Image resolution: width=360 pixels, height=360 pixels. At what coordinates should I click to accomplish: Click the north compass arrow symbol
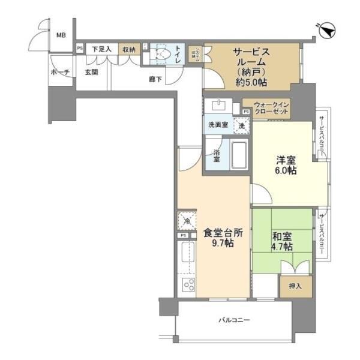[326, 28]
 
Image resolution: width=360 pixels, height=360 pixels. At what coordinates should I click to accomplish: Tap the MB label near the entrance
[61, 35]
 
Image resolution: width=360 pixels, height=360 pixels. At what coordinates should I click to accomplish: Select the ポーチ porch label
[61, 73]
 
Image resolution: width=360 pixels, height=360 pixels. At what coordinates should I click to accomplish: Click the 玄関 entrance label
[91, 73]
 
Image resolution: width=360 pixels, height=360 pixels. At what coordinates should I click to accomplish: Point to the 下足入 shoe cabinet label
[101, 49]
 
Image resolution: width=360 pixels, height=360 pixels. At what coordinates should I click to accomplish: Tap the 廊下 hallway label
[155, 79]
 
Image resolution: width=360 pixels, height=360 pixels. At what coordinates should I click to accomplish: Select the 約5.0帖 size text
[251, 82]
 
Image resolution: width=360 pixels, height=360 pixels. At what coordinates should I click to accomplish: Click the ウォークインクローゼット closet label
[274, 108]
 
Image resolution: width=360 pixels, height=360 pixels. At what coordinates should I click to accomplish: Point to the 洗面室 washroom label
[218, 125]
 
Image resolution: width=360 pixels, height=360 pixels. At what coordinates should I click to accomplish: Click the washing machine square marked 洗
[241, 126]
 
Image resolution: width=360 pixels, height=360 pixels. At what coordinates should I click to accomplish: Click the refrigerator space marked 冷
[187, 221]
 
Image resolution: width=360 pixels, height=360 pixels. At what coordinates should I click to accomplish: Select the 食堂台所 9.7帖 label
[223, 239]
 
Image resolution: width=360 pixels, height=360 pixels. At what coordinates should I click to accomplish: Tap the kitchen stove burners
[187, 284]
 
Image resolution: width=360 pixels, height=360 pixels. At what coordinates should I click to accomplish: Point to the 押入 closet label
[295, 286]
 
